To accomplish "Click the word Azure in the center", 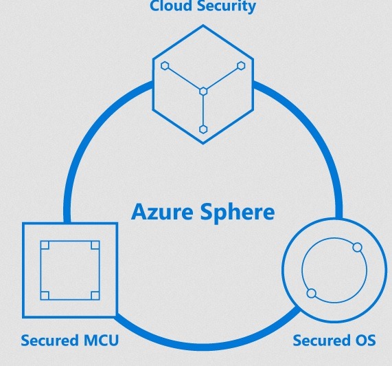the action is (x=162, y=212).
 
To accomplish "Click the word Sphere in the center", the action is (x=238, y=213).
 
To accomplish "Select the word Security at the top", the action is (x=227, y=6).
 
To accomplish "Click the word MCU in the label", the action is (x=101, y=340).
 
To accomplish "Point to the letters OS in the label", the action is (x=366, y=340).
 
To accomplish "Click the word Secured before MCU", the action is (x=49, y=340).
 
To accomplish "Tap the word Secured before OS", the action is (x=322, y=340).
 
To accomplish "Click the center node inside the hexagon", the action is (x=203, y=91).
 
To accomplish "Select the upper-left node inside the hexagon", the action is (x=165, y=65).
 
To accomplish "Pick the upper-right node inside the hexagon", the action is (x=241, y=65).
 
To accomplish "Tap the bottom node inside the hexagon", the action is (x=203, y=129).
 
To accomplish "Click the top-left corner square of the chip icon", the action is (x=45, y=245).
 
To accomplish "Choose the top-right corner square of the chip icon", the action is (x=95, y=245).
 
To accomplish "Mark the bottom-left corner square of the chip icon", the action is (x=45, y=296).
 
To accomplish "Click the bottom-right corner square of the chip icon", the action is (x=95, y=296).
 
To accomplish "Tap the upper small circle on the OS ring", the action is (x=358, y=247).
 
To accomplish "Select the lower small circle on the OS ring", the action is (x=312, y=293).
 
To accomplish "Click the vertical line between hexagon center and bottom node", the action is (x=203, y=111).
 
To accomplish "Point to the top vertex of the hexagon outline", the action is (x=203, y=25).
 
